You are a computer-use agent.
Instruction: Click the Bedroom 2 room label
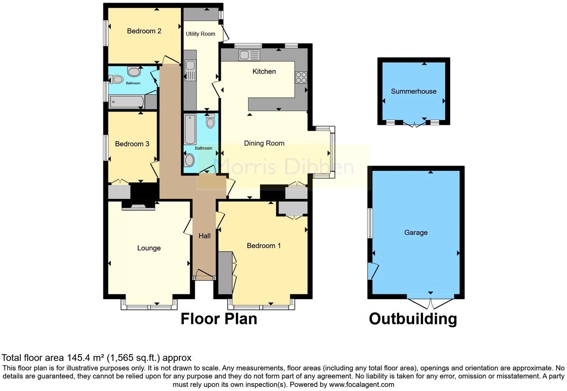point(144,31)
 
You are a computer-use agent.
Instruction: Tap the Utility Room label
point(200,34)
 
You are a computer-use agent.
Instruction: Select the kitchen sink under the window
point(249,56)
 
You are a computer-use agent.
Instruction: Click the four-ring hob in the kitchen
point(301,77)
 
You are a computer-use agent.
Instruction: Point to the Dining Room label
point(264,143)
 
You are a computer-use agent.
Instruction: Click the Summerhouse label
point(413,91)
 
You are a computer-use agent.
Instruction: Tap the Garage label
point(416,233)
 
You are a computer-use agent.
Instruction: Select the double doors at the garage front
point(430,303)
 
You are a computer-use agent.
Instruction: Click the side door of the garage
point(373,271)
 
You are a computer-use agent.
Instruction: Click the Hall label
point(204,236)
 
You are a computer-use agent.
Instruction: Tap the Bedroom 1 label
point(264,246)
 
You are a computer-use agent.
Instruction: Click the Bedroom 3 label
point(132,144)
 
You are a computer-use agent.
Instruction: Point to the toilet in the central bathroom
point(210,121)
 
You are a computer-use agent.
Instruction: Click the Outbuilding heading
point(413,319)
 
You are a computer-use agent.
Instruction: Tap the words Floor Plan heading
point(219,319)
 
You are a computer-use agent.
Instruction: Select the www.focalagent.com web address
point(361,384)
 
